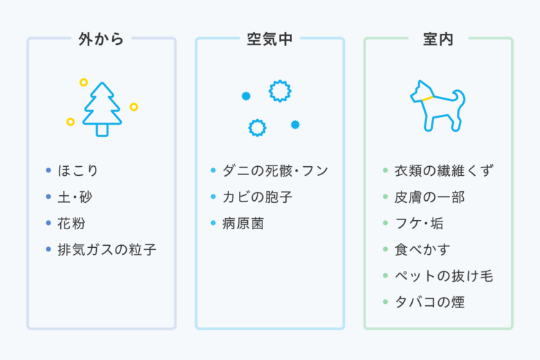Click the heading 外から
point(101,39)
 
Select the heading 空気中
point(270,39)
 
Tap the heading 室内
point(438,39)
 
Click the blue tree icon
point(102,109)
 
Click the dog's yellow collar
point(427,98)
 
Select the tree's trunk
point(102,130)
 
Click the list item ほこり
point(78,170)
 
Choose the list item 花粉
point(71,223)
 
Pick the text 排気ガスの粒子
point(107,249)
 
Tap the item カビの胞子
point(258,197)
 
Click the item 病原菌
point(243,223)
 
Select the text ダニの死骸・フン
point(275,170)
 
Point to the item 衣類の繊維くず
point(444,170)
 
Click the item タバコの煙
point(429,302)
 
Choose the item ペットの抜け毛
point(444,276)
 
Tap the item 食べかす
point(422,249)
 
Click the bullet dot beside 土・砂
point(48,197)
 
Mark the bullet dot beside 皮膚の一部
point(386,197)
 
